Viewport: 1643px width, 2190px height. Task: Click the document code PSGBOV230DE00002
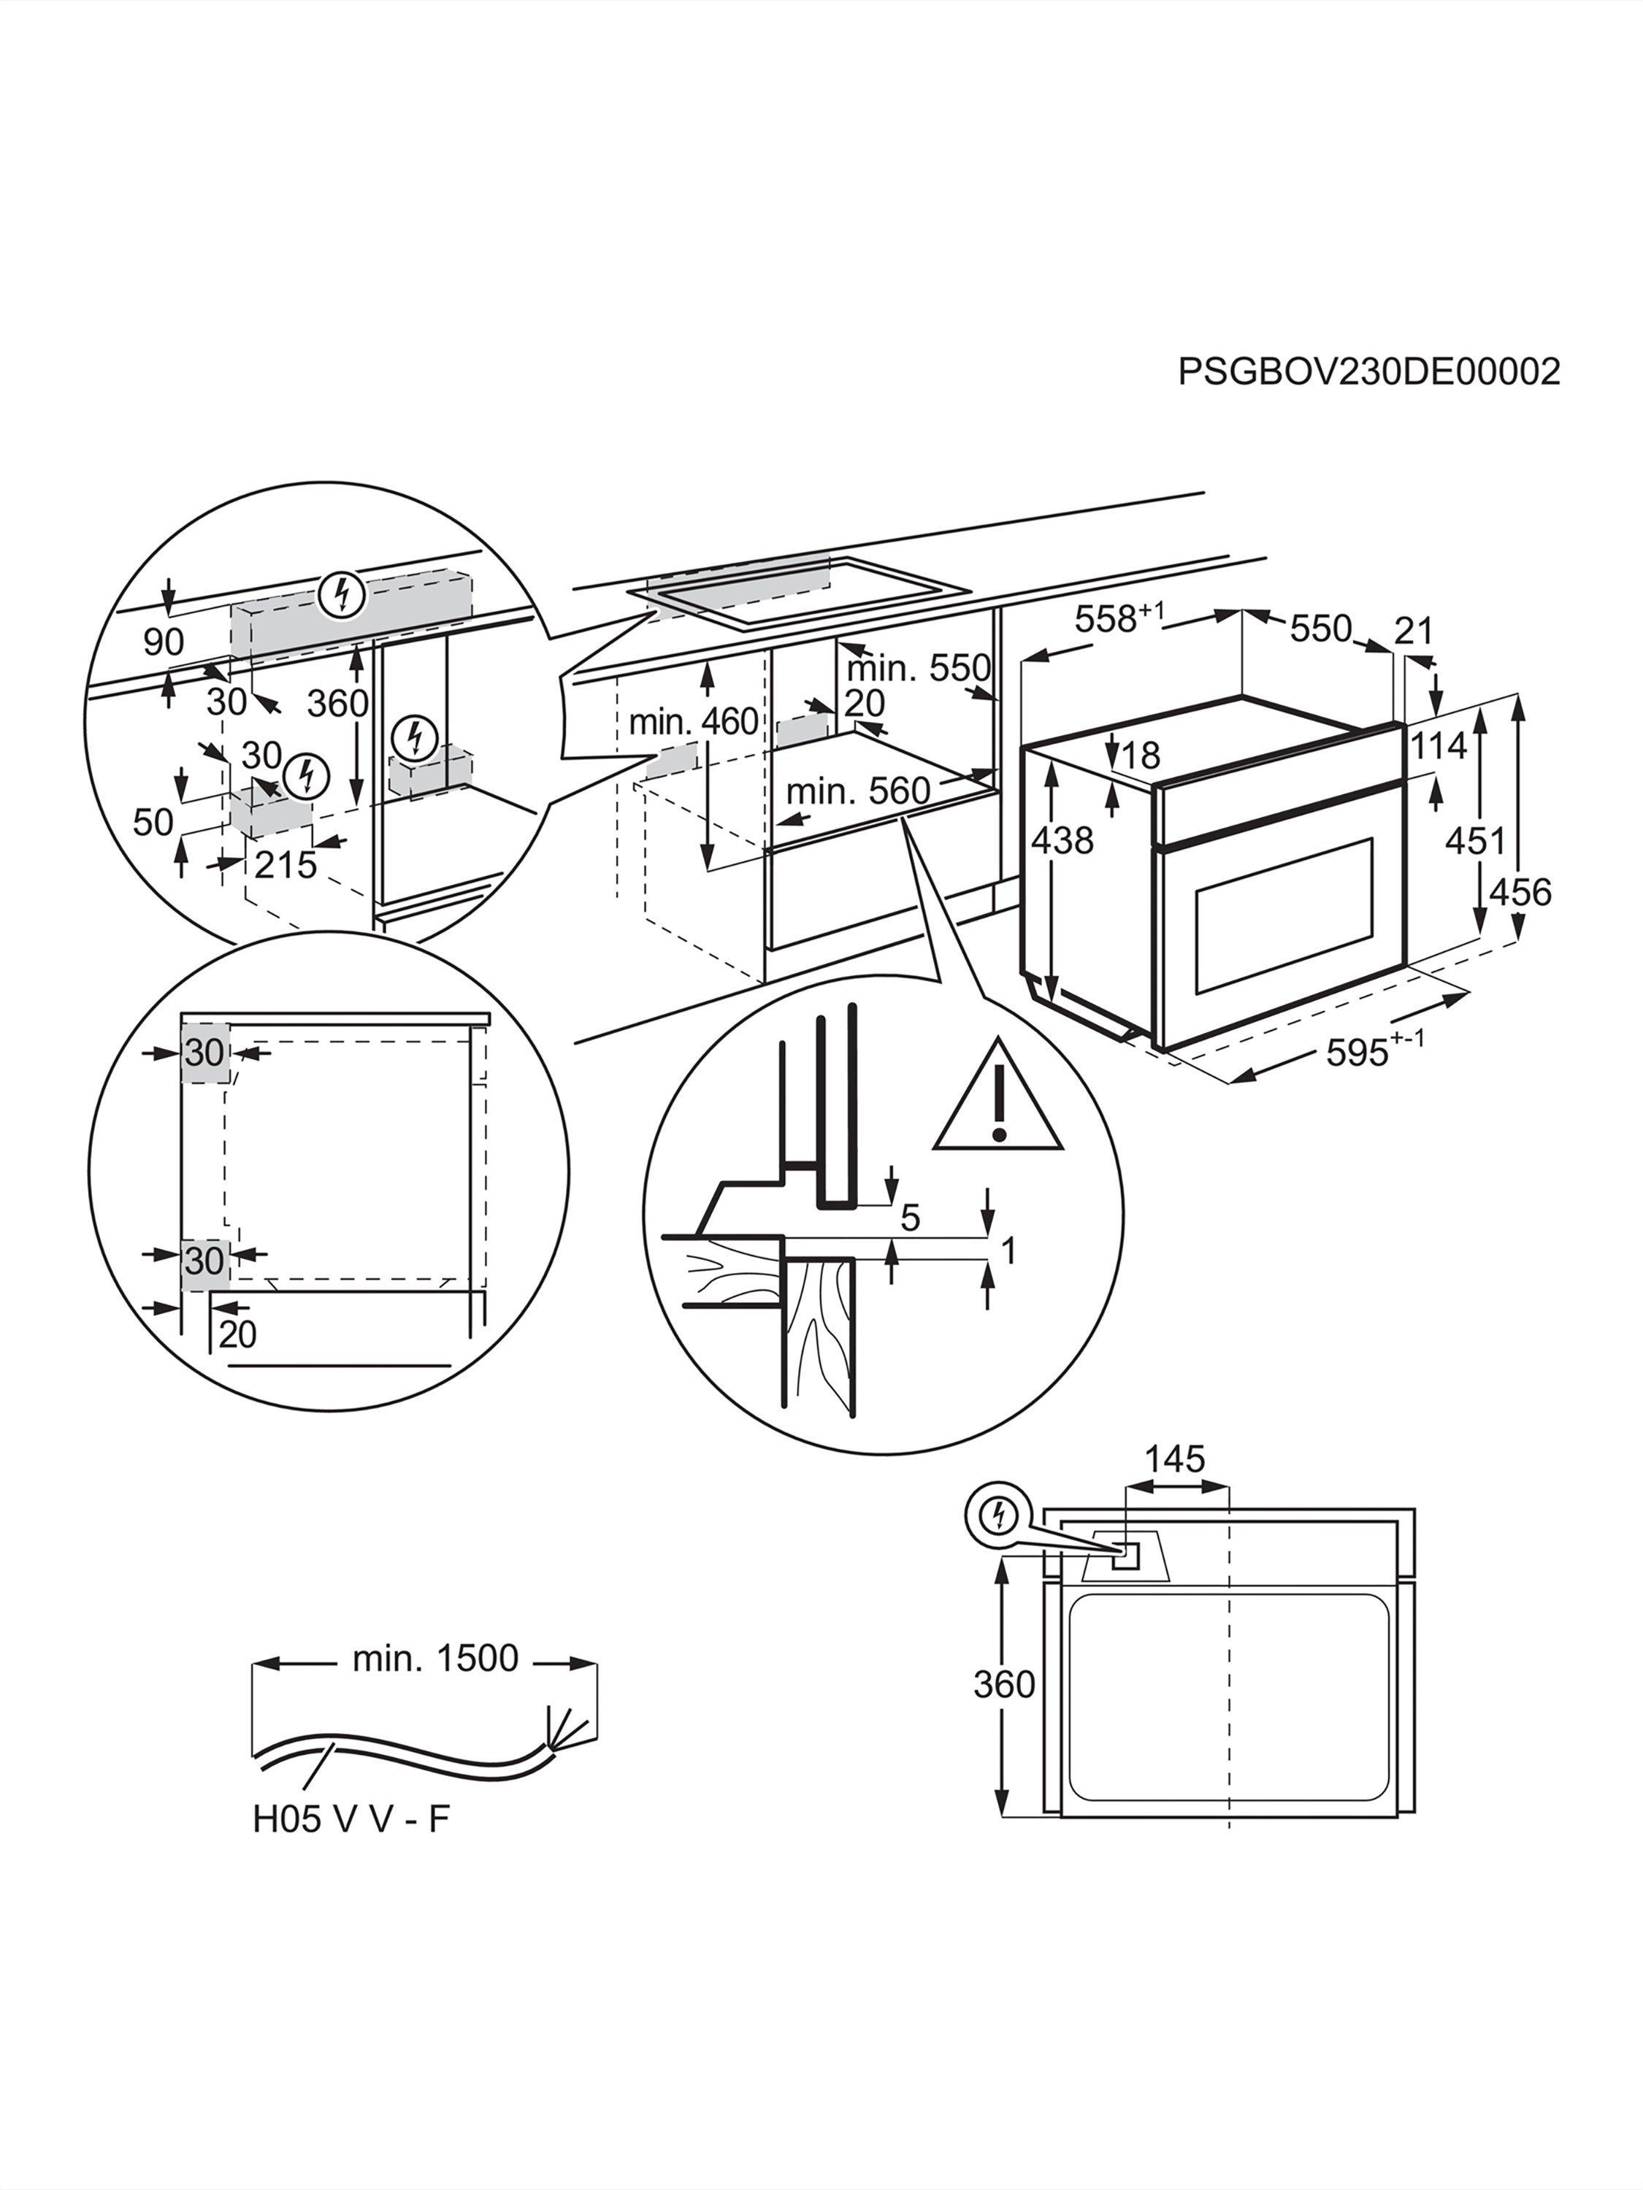tap(1368, 372)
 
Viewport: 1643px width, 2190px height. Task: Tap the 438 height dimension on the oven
tap(1062, 840)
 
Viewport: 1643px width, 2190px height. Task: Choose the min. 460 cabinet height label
tap(693, 722)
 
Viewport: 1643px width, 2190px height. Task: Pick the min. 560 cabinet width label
tap(858, 791)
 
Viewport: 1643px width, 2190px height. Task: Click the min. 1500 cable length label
tap(434, 1659)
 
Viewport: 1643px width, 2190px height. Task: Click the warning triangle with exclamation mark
tap(998, 1100)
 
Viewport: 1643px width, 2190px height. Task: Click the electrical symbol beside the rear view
tap(999, 1515)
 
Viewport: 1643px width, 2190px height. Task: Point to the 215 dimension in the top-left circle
tap(286, 864)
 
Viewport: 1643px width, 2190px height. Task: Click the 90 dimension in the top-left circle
tap(164, 642)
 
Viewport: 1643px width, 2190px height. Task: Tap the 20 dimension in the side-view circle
tap(237, 1334)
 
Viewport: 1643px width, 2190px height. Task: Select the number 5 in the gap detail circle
tap(910, 1218)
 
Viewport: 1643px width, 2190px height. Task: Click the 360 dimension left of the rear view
tap(1003, 1684)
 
